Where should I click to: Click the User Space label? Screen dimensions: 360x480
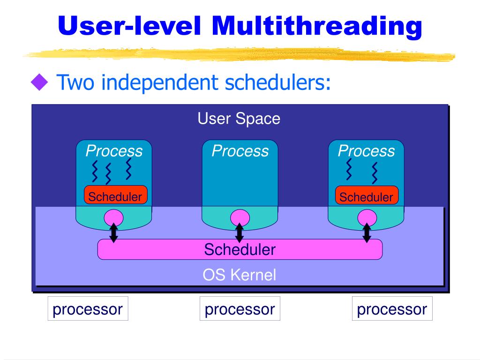coord(239,119)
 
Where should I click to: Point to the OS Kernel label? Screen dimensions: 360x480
coord(239,275)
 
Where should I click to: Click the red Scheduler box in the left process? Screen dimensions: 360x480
coord(115,196)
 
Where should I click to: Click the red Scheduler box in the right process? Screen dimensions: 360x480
coord(367,197)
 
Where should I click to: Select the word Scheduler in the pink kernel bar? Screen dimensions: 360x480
coord(240,249)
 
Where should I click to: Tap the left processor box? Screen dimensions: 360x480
coord(88,309)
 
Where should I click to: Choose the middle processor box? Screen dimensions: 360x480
coord(240,309)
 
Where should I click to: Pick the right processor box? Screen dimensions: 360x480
coord(392,309)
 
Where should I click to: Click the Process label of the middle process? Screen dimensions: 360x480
coord(240,151)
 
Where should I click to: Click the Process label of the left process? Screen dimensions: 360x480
coord(114,151)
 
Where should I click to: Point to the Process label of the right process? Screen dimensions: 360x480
coord(366,151)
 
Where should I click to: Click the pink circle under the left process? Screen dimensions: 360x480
coord(113,217)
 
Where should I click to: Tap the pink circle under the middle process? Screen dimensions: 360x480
coord(240,217)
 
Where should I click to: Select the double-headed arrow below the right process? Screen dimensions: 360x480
coord(367,233)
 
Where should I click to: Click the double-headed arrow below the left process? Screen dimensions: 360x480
coord(113,233)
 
